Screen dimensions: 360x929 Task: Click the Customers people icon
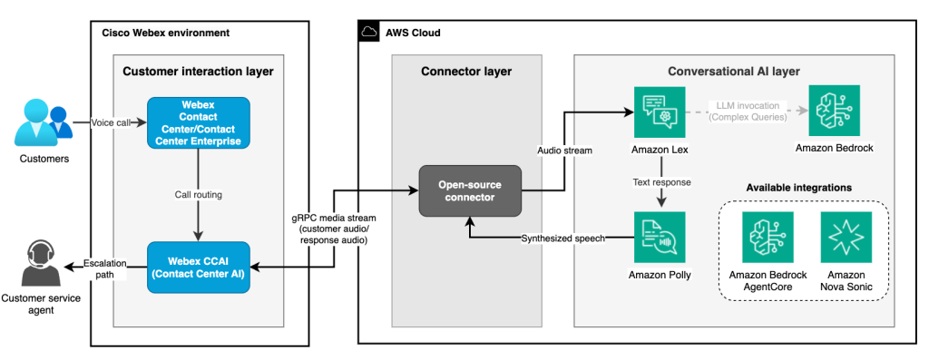[43, 124]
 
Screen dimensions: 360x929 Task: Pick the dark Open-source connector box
[469, 190]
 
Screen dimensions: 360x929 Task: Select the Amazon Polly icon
[660, 238]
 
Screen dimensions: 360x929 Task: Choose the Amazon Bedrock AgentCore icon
[767, 238]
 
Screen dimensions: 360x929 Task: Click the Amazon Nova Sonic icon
[845, 238]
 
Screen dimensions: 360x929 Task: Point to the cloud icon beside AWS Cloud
[369, 33]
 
